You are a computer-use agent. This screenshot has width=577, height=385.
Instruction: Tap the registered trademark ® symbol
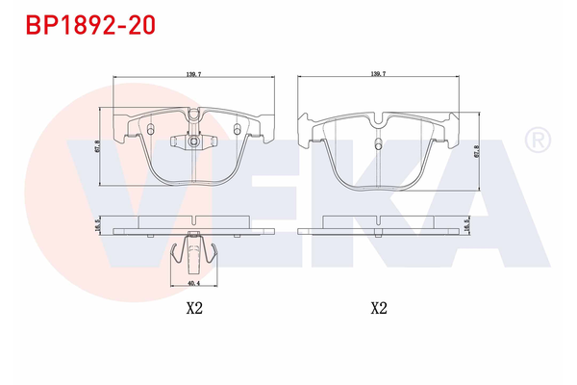tap(536, 141)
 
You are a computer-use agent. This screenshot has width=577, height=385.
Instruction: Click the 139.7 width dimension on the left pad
tap(192, 73)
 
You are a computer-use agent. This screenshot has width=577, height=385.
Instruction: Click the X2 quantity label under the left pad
tap(193, 309)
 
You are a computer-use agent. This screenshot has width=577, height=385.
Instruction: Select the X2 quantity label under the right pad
tap(378, 309)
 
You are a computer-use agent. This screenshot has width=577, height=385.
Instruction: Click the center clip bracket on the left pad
tap(192, 141)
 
